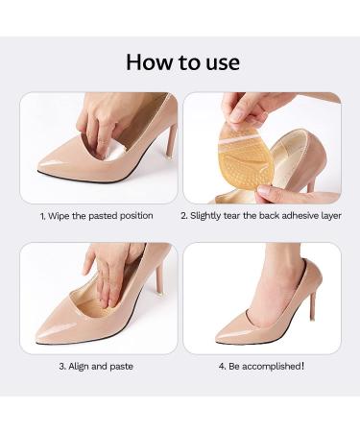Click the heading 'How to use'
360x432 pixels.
click(181, 63)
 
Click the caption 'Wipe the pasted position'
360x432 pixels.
click(96, 216)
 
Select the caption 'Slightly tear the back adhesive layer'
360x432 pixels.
click(261, 216)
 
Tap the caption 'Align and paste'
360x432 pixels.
click(96, 367)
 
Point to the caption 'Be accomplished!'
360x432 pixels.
click(261, 367)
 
